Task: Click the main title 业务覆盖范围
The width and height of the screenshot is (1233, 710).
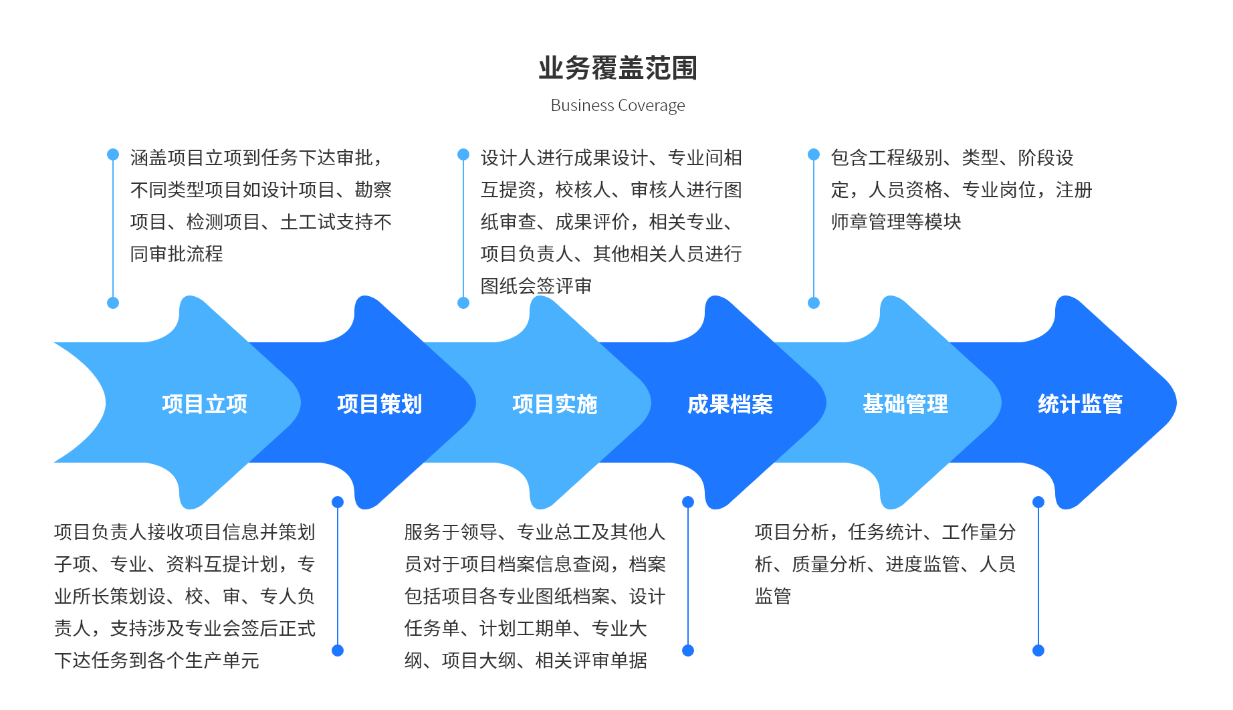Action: (x=618, y=68)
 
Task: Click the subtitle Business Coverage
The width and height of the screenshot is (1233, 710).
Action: (x=618, y=106)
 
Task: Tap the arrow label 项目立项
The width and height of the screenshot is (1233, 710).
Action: (x=205, y=404)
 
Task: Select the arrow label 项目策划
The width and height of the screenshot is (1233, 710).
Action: (x=380, y=404)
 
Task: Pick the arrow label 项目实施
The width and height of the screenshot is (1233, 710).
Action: (x=555, y=404)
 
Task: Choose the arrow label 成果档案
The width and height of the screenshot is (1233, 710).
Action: (x=730, y=404)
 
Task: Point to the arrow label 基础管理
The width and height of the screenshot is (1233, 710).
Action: (x=905, y=404)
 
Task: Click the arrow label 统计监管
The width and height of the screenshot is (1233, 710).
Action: (x=1081, y=404)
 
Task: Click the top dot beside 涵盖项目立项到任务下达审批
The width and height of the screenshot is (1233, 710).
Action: (x=113, y=154)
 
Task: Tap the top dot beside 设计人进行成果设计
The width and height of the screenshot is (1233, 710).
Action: (x=463, y=154)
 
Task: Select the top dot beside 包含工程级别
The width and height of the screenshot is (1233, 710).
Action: (x=814, y=154)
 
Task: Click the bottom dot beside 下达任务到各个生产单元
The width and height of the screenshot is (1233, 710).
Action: (x=338, y=650)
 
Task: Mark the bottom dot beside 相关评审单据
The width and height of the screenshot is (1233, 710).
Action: (x=688, y=650)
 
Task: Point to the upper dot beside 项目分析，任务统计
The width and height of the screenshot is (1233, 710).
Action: (x=1038, y=502)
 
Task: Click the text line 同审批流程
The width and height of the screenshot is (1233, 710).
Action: (x=177, y=254)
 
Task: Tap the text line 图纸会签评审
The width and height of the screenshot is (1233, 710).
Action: (x=536, y=286)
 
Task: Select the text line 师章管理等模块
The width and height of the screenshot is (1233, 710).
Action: (x=896, y=222)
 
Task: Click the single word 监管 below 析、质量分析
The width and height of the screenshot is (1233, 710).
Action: (x=773, y=596)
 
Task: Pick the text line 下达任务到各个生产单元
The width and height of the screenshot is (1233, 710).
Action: (x=156, y=661)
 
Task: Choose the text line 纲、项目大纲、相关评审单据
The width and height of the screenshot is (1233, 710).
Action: (x=526, y=661)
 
